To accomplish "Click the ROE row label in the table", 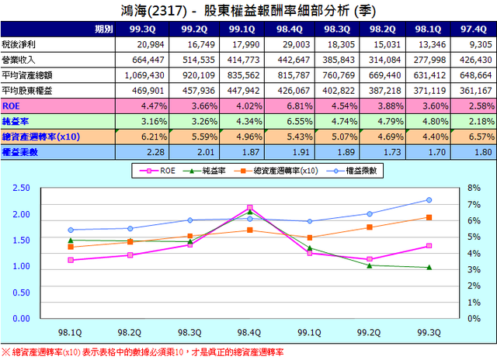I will pyautogui.click(x=12, y=105).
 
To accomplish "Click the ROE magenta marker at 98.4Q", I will pyautogui.click(x=249, y=208).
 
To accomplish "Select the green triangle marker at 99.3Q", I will pyautogui.click(x=429, y=268).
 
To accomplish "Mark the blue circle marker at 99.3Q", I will pyautogui.click(x=429, y=200).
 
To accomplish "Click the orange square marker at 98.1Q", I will pyautogui.click(x=71, y=247).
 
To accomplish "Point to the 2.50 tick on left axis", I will pyautogui.click(x=21, y=188).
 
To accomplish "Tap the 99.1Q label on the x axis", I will pyautogui.click(x=309, y=332).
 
